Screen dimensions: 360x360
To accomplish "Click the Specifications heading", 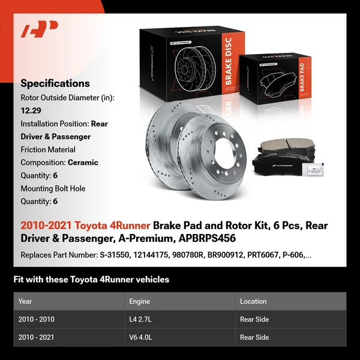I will pyautogui.click(x=55, y=83).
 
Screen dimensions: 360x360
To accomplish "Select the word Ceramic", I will pyautogui.click(x=83, y=162).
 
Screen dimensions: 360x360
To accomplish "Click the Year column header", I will pyautogui.click(x=25, y=301).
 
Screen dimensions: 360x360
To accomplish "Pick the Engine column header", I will pyautogui.click(x=140, y=301).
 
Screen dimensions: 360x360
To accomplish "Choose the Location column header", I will pyautogui.click(x=253, y=301).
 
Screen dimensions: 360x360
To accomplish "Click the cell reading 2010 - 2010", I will pyautogui.click(x=36, y=319).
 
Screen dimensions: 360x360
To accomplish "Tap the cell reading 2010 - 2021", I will pyautogui.click(x=36, y=337).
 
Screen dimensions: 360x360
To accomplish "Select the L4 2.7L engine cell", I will pyautogui.click(x=142, y=319).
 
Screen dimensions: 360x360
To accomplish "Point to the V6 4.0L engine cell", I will pyautogui.click(x=142, y=337).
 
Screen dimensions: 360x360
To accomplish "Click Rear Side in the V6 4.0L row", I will pyautogui.click(x=254, y=337).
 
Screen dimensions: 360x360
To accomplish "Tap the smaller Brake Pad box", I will pyautogui.click(x=275, y=82).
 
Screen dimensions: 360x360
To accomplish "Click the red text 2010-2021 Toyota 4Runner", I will pyautogui.click(x=85, y=226).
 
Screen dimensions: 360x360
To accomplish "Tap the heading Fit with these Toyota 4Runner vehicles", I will pyautogui.click(x=91, y=279).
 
